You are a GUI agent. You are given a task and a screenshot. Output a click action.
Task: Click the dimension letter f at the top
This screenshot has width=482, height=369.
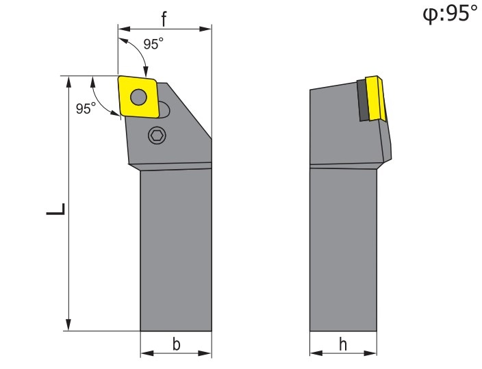(x=164, y=19)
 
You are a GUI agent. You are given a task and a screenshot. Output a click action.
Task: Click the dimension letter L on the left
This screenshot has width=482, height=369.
(x=56, y=209)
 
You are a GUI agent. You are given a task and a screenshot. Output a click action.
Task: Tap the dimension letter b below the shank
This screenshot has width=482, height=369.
(x=176, y=344)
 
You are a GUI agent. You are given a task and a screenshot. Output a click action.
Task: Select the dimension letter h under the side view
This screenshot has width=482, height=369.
(x=343, y=344)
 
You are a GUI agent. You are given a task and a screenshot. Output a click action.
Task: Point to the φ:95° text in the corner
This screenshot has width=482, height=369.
(x=450, y=14)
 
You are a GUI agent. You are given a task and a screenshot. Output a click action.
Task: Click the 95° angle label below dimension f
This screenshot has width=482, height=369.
(x=153, y=44)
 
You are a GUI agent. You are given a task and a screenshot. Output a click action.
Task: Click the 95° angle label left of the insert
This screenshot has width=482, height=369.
(x=86, y=108)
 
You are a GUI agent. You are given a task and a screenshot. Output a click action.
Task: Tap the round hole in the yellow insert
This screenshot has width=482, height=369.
(x=138, y=97)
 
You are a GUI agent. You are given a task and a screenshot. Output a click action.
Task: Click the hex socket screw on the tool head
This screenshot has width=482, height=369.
(x=157, y=135)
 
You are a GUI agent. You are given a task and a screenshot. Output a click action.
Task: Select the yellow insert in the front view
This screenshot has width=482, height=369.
(x=138, y=97)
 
